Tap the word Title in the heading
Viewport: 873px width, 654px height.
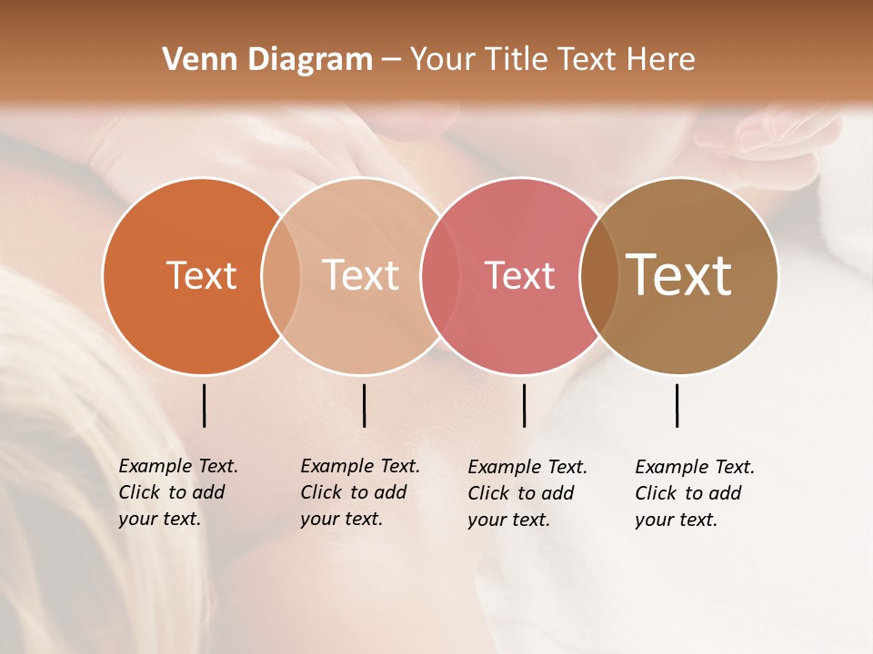[517, 60]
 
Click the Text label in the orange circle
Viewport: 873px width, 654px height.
[201, 275]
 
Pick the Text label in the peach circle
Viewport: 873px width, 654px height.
[360, 275]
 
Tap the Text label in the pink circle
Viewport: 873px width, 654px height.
[519, 275]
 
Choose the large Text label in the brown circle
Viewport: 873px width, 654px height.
[679, 275]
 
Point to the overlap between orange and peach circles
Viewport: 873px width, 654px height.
[281, 275]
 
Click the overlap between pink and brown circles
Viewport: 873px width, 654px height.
[599, 275]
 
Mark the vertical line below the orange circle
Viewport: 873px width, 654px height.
[205, 405]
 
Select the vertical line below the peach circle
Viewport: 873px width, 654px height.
[364, 405]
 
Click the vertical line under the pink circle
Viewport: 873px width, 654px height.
[524, 405]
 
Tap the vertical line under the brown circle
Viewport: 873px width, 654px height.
[677, 405]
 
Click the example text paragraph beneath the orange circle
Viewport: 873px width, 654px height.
[178, 492]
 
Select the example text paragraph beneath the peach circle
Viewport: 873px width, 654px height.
[360, 492]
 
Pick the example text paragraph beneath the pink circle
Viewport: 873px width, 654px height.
[527, 493]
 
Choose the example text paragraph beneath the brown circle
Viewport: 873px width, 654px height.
[695, 493]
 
